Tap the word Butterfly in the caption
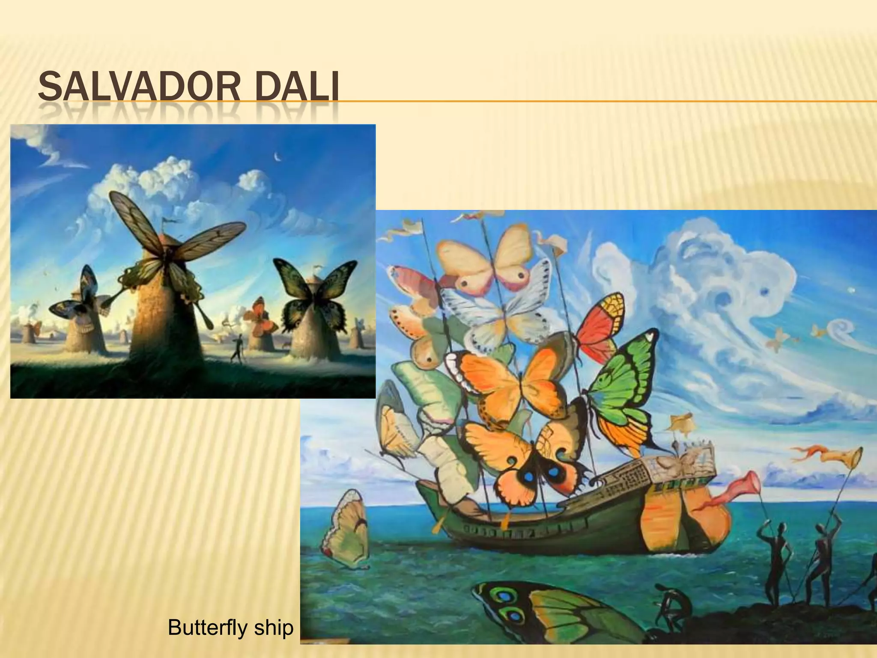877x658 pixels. pos(201,628)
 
